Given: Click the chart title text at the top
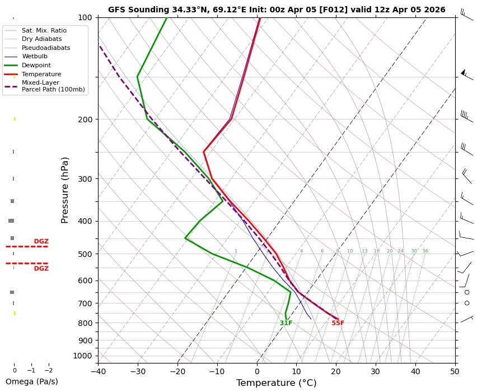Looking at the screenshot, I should point(277,10).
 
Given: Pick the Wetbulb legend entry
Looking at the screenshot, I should point(35,56).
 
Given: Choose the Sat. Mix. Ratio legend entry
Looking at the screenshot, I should point(44,30).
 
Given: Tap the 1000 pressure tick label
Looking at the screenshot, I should point(82,356).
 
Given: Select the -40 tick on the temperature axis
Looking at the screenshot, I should point(98,370).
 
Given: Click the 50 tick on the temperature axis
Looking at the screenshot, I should point(455,370).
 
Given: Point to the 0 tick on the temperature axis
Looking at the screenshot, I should point(257,370).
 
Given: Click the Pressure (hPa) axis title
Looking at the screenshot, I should point(65,190).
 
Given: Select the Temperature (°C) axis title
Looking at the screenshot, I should point(276,383).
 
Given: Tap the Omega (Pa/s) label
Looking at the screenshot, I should point(31,381).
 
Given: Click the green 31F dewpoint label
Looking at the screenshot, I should point(286,323).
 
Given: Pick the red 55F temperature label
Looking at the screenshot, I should point(338,323).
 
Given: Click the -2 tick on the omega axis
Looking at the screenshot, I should point(48,370).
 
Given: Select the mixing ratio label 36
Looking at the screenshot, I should point(425,251).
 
